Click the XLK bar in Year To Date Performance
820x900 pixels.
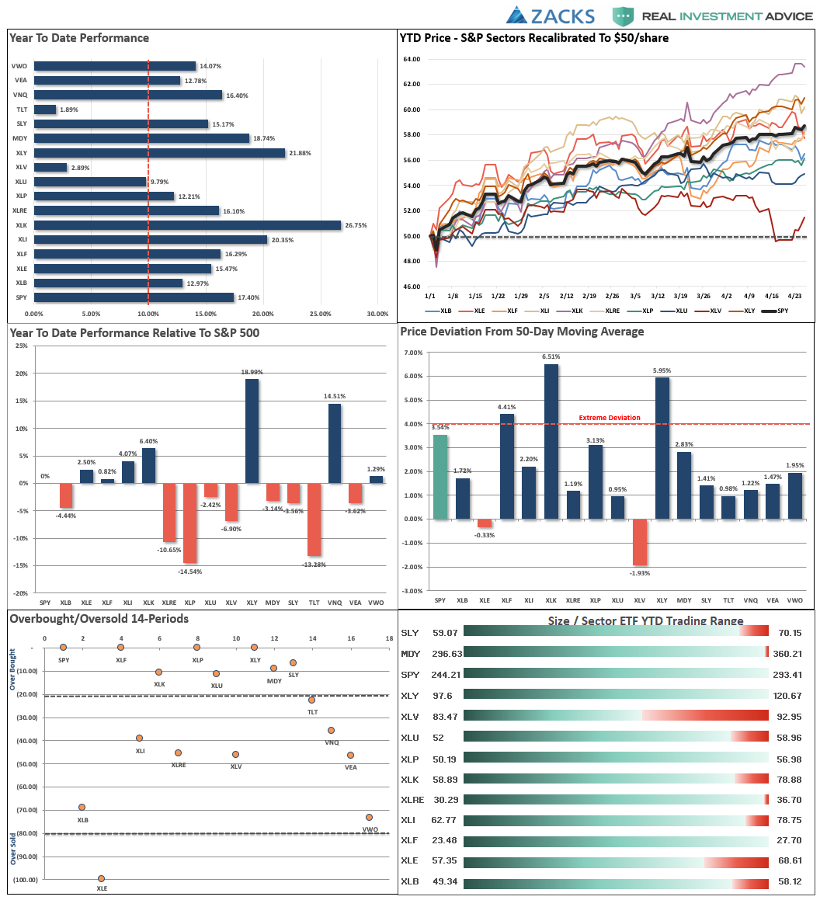pos(186,225)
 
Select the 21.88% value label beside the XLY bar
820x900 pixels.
pos(299,153)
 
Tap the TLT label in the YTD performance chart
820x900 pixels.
pos(23,109)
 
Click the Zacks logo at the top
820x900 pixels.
pos(550,16)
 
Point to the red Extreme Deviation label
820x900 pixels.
pos(610,418)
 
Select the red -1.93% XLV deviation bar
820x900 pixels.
pos(639,542)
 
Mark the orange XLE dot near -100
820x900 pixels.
pos(101,878)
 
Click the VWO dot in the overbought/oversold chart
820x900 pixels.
pos(369,817)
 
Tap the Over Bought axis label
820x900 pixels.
pos(12,670)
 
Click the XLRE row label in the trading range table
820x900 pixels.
pos(412,800)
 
